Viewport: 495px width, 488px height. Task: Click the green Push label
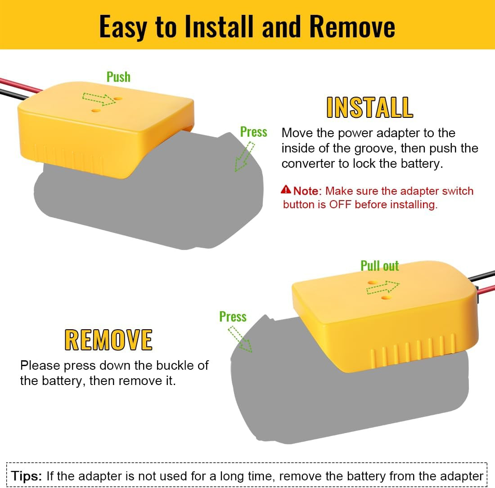118,77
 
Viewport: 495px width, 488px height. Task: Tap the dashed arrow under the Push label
99,99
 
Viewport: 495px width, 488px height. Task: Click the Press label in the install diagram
253,132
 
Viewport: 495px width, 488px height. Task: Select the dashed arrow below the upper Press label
245,157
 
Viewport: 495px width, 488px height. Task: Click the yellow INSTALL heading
369,107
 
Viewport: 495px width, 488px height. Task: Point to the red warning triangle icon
286,189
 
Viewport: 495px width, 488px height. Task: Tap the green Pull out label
380,266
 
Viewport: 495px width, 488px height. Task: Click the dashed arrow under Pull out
382,287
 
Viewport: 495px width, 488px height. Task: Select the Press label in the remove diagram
233,317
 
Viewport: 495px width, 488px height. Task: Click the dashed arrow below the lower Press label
240,339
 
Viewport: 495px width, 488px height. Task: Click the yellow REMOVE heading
108,340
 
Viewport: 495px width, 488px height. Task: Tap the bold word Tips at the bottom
26,476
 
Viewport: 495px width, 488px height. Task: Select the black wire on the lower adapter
481,276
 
